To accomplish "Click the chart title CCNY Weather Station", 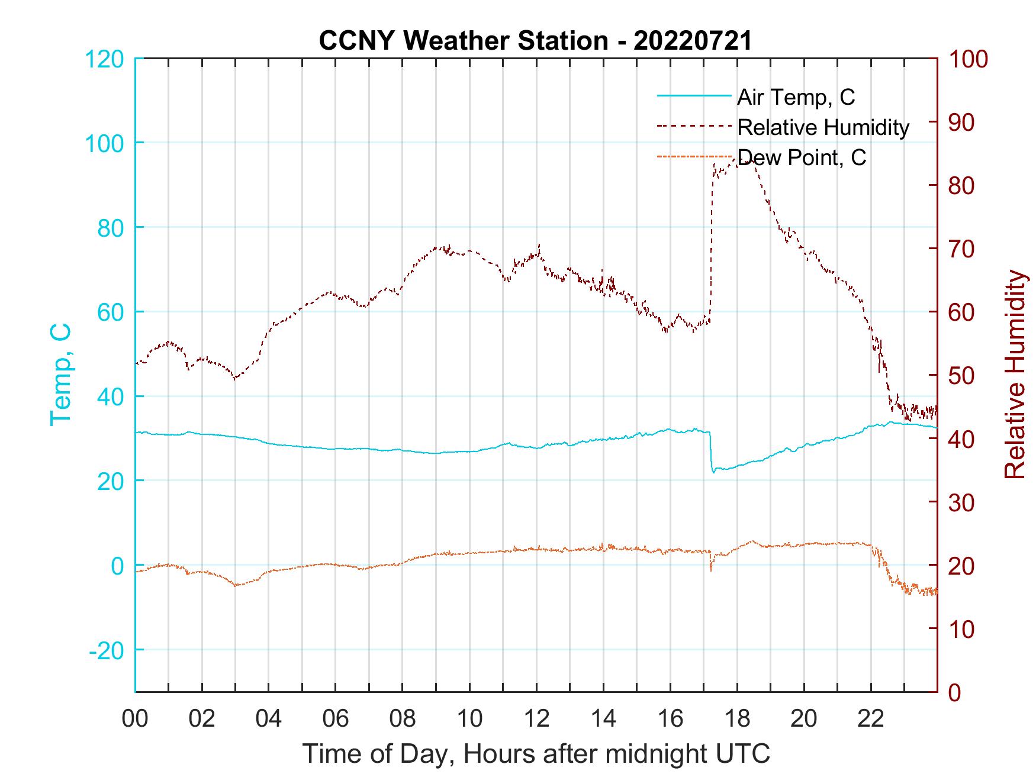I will coord(535,40).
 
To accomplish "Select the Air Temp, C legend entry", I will coord(795,96).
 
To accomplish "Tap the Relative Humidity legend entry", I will coord(823,127).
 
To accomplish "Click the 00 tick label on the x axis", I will coord(135,719).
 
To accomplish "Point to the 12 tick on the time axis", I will coord(536,719).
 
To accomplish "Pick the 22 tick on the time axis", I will coord(871,719).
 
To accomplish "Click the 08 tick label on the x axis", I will coord(403,719).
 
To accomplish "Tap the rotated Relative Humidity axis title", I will coord(1015,374).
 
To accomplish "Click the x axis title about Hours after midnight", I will coord(536,754).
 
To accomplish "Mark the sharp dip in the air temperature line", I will coord(714,471).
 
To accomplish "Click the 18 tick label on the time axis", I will coord(737,719).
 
